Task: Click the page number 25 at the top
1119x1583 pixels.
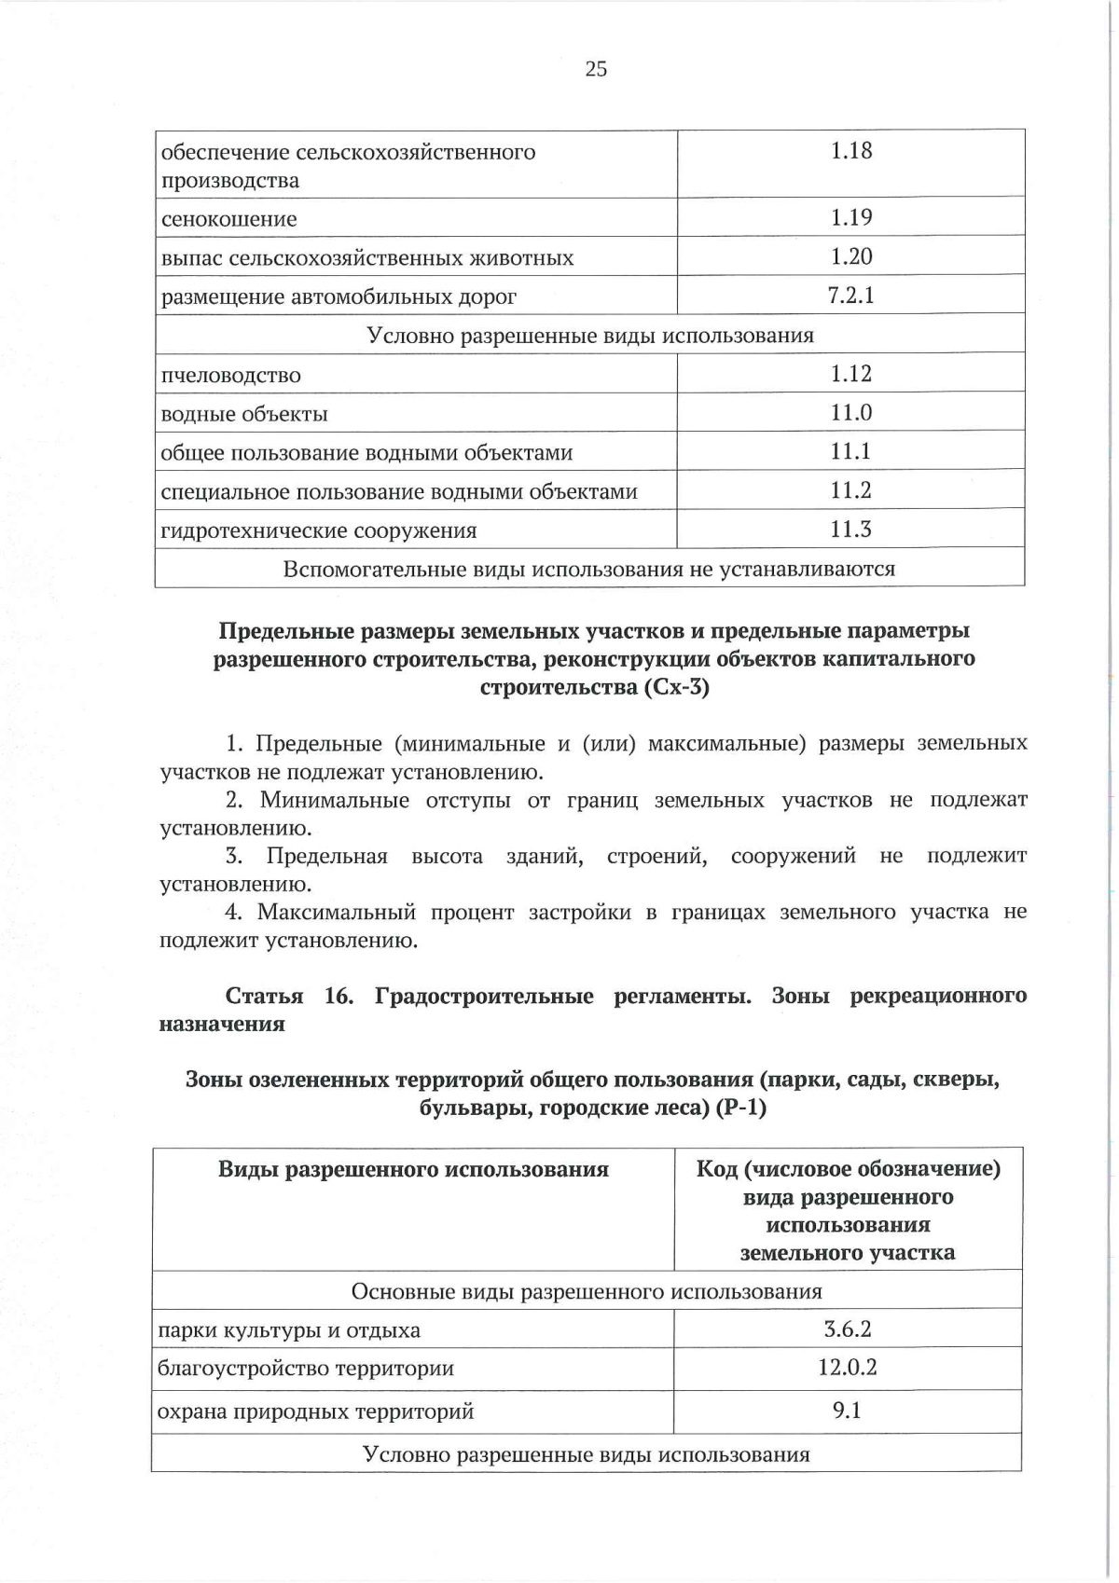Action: pyautogui.click(x=596, y=68)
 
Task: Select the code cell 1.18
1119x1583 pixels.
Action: pyautogui.click(x=850, y=151)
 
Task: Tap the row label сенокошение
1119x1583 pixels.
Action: pyautogui.click(x=229, y=220)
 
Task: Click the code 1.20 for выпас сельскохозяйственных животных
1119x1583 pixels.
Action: pyautogui.click(x=850, y=257)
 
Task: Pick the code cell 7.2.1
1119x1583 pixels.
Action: pyautogui.click(x=850, y=296)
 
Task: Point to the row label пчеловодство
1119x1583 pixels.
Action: pyautogui.click(x=231, y=376)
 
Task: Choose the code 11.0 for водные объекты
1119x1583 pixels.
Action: pyautogui.click(x=850, y=413)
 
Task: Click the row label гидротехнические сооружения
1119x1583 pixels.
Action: pyautogui.click(x=319, y=531)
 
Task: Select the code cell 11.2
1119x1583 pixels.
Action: pyautogui.click(x=850, y=491)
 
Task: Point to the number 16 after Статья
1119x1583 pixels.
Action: pyautogui.click(x=338, y=996)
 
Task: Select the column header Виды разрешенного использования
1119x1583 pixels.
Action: pyautogui.click(x=413, y=1169)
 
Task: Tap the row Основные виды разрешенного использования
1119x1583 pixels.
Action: pyautogui.click(x=587, y=1292)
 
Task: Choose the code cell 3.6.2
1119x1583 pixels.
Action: pyautogui.click(x=847, y=1329)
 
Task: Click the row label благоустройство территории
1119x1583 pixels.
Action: pyautogui.click(x=306, y=1370)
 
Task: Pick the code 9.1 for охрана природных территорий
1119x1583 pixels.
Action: pyautogui.click(x=847, y=1411)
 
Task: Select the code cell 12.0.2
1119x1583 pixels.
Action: pyautogui.click(x=847, y=1369)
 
